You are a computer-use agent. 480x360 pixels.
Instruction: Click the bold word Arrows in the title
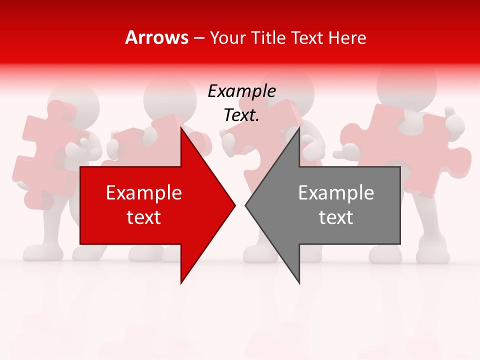(x=157, y=38)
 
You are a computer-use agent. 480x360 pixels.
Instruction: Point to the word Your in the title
(x=228, y=38)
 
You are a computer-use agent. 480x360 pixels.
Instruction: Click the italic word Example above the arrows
(x=241, y=91)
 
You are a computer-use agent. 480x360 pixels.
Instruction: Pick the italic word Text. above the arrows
(x=241, y=115)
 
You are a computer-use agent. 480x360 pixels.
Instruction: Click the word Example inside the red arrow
(x=144, y=193)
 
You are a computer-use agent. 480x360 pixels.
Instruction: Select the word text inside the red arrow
(x=144, y=217)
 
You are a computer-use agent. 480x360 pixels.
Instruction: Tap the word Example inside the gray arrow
(x=336, y=193)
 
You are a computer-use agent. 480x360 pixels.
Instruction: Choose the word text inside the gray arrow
(x=336, y=217)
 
